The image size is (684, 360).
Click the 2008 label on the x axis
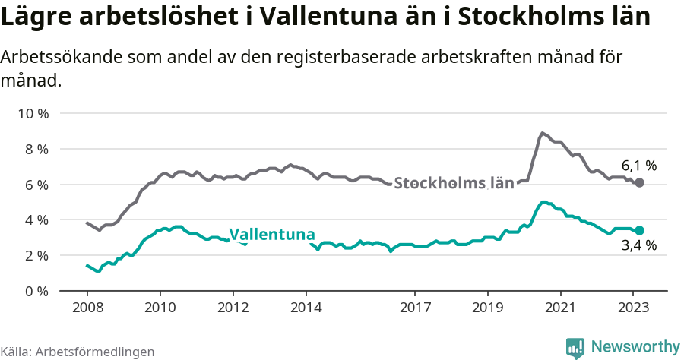pyautogui.click(x=87, y=308)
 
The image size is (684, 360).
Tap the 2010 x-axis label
pyautogui.click(x=160, y=308)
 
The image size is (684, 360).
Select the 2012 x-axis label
pyautogui.click(x=233, y=308)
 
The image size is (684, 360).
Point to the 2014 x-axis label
pyautogui.click(x=306, y=308)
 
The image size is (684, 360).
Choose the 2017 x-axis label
pyautogui.click(x=415, y=308)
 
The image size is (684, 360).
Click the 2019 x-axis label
pyautogui.click(x=488, y=308)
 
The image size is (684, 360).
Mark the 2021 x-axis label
pyautogui.click(x=561, y=308)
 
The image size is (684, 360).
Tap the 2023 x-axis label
pyautogui.click(x=634, y=308)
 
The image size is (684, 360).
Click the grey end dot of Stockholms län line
pyautogui.click(x=639, y=182)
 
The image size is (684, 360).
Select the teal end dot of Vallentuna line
pyautogui.click(x=639, y=230)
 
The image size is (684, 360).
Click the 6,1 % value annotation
pyautogui.click(x=638, y=165)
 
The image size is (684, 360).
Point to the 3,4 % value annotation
pyautogui.click(x=638, y=246)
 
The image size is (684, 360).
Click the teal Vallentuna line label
pyautogui.click(x=272, y=234)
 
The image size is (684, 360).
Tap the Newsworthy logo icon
pyautogui.click(x=575, y=347)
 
